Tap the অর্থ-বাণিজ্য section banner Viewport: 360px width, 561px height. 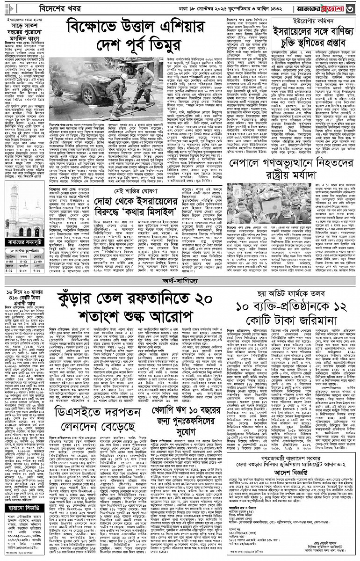180,282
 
